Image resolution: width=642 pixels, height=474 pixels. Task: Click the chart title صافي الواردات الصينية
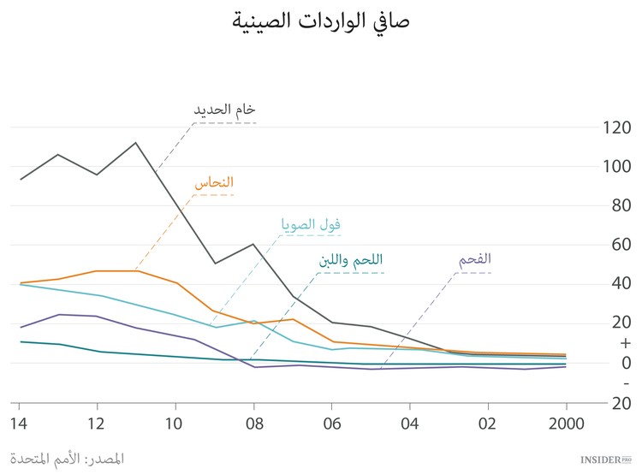[x=321, y=21]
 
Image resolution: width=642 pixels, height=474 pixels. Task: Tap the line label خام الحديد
[x=224, y=110]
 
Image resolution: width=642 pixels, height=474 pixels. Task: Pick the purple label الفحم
[x=475, y=259]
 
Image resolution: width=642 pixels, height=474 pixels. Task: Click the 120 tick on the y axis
[x=615, y=128]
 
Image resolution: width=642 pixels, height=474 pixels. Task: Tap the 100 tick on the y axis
[x=615, y=167]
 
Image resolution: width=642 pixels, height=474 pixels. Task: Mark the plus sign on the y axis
[x=625, y=343]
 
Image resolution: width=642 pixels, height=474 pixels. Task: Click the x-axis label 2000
[x=565, y=423]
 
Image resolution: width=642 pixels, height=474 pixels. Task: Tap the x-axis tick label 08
[x=253, y=423]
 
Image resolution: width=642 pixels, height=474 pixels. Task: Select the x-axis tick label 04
[x=409, y=423]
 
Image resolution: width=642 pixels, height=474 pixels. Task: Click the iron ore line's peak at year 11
[x=135, y=143]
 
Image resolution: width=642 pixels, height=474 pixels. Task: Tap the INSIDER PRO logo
[x=604, y=459]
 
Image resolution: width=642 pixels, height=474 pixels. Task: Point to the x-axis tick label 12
[x=97, y=423]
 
